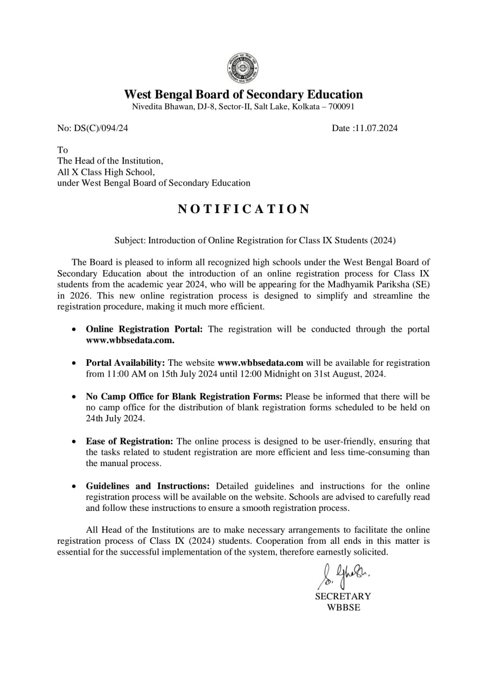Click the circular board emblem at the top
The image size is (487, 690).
243,69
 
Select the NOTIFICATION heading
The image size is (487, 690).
244,209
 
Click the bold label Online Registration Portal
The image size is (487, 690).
144,329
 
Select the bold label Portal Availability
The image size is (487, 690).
125,363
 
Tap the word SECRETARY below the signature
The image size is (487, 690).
343,596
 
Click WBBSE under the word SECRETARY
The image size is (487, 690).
343,607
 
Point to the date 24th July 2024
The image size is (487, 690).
115,419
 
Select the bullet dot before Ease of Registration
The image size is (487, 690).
74,441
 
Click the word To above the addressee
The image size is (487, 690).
62,149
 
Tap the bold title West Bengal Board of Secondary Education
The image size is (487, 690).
244,94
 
